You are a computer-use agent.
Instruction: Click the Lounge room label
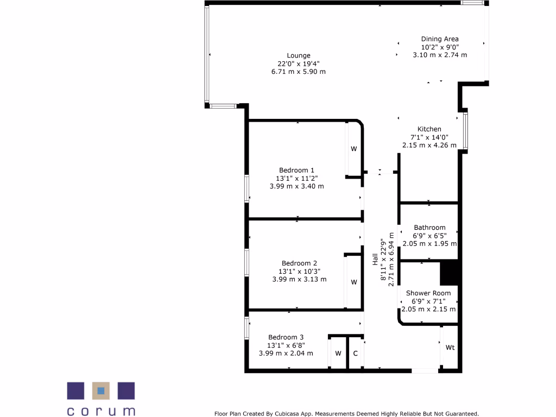(299, 55)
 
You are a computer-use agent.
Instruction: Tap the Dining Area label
(440, 39)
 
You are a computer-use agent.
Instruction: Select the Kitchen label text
(429, 129)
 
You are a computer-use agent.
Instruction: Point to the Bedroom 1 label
(296, 170)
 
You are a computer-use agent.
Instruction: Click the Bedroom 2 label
(299, 264)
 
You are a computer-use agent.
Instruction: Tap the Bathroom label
(429, 228)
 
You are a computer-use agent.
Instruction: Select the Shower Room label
(428, 293)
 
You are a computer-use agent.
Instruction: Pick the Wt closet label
(450, 347)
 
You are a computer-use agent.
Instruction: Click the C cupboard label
(356, 353)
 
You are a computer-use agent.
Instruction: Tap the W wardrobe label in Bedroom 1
(353, 149)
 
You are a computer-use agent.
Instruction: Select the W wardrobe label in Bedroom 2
(353, 282)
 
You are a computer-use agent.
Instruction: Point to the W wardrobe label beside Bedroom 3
(338, 353)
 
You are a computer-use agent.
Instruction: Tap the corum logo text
(101, 411)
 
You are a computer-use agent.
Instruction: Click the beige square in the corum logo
(100, 391)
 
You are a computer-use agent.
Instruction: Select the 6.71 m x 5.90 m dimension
(299, 72)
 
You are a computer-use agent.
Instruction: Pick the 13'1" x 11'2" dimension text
(296, 178)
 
